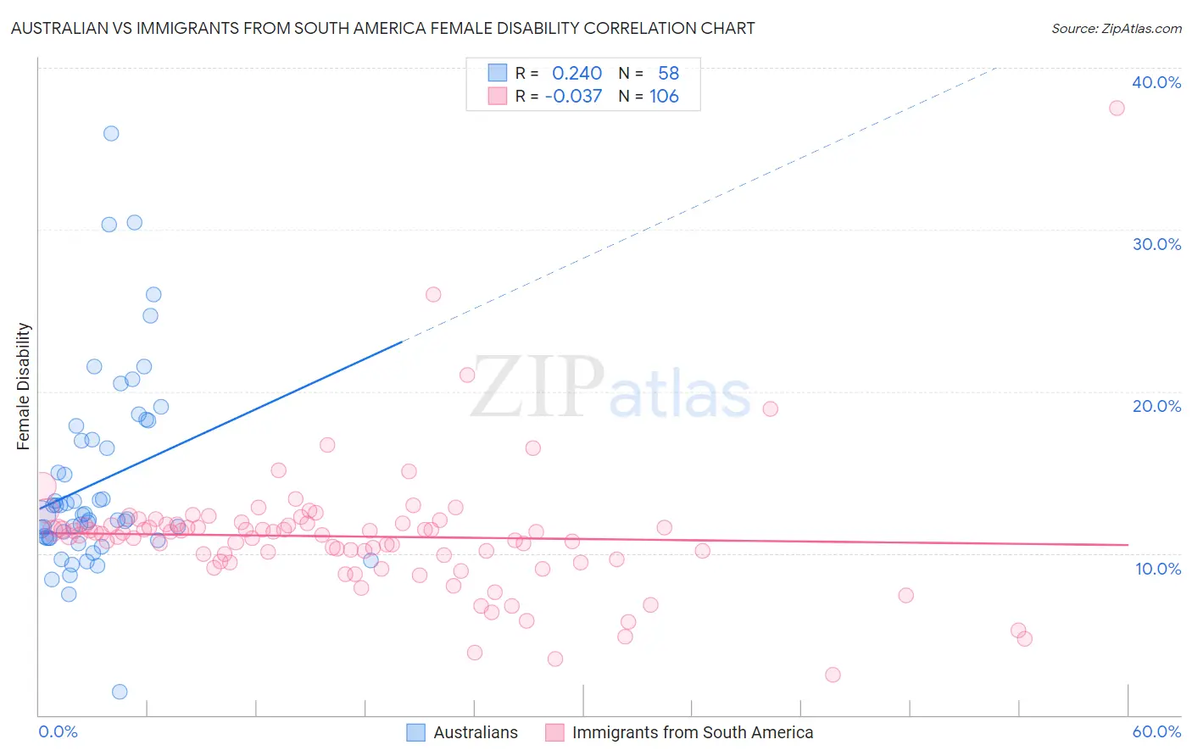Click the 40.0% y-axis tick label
[1156, 82]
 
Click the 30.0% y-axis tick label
[1156, 244]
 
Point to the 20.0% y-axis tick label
[1156, 406]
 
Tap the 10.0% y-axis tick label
[1158, 569]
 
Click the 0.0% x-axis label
[58, 731]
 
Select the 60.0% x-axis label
[1156, 731]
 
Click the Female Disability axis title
[24, 386]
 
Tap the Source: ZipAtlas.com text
[1116, 28]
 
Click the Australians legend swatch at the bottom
[415, 732]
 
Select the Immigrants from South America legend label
[692, 732]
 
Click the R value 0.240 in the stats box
[577, 74]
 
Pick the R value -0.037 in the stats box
[573, 97]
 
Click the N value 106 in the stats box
[664, 97]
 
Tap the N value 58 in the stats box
[668, 74]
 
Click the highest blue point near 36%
[111, 133]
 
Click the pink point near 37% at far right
[1117, 108]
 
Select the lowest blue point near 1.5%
[120, 692]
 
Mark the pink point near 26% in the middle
[433, 294]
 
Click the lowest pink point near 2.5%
[833, 675]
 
